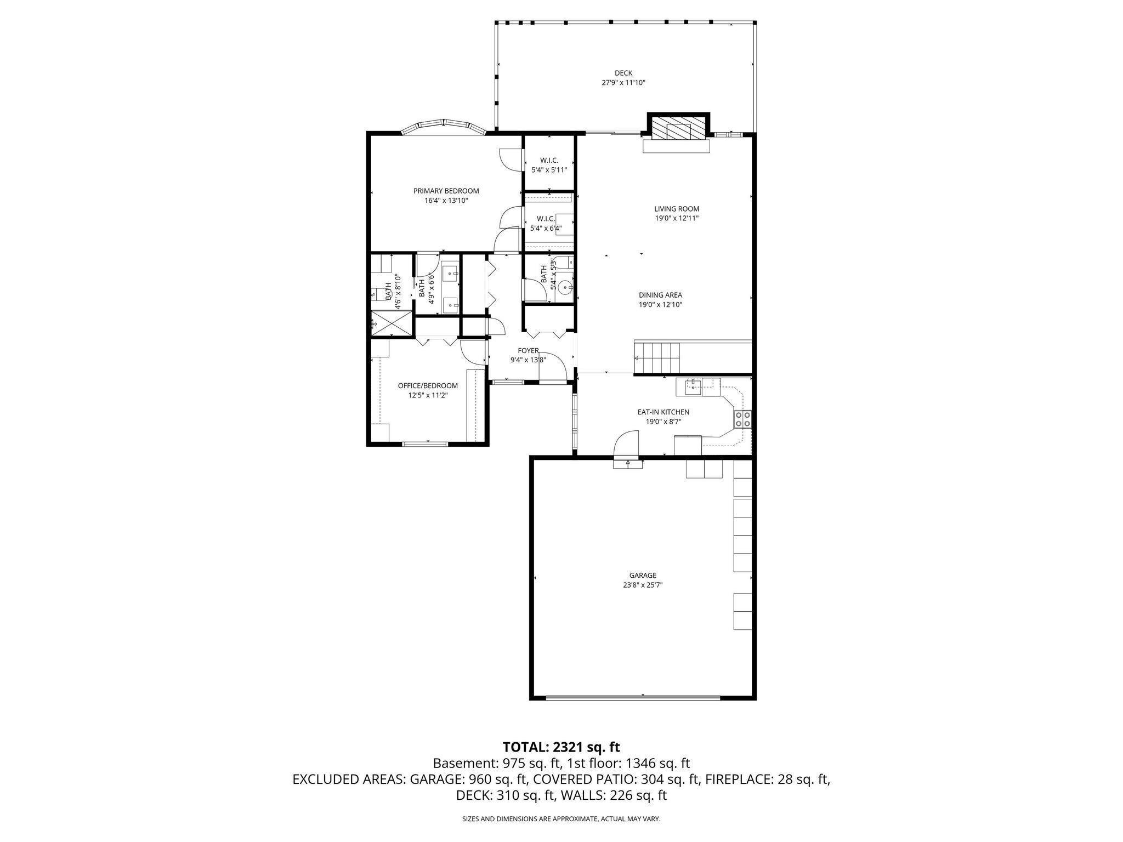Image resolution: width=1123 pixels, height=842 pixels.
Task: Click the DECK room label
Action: pyautogui.click(x=623, y=73)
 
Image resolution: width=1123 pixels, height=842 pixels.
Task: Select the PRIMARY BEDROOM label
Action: pyautogui.click(x=446, y=191)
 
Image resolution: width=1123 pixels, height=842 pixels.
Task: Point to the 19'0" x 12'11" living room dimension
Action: pyautogui.click(x=677, y=218)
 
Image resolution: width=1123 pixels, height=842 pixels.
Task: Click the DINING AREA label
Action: pyautogui.click(x=660, y=295)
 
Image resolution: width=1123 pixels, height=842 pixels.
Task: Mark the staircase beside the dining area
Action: pyautogui.click(x=657, y=357)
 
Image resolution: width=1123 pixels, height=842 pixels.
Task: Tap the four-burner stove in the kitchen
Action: pyautogui.click(x=743, y=419)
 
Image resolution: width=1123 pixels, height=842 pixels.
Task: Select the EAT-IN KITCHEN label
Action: pyautogui.click(x=663, y=412)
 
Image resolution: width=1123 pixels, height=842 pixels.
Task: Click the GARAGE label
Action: pyautogui.click(x=643, y=575)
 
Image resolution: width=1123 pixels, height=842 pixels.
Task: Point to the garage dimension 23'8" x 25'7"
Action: pyautogui.click(x=643, y=585)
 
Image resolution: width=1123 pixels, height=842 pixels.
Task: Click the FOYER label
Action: pyautogui.click(x=528, y=351)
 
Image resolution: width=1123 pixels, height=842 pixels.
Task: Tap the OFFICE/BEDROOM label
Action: pyautogui.click(x=428, y=385)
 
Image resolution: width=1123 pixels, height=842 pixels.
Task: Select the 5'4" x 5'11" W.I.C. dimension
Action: pyautogui.click(x=549, y=170)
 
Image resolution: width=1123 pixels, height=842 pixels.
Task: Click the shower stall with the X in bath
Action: pyautogui.click(x=392, y=323)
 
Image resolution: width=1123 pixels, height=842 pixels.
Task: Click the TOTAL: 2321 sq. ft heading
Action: pyautogui.click(x=561, y=747)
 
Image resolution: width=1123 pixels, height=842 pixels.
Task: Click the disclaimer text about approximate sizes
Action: pyautogui.click(x=561, y=819)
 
